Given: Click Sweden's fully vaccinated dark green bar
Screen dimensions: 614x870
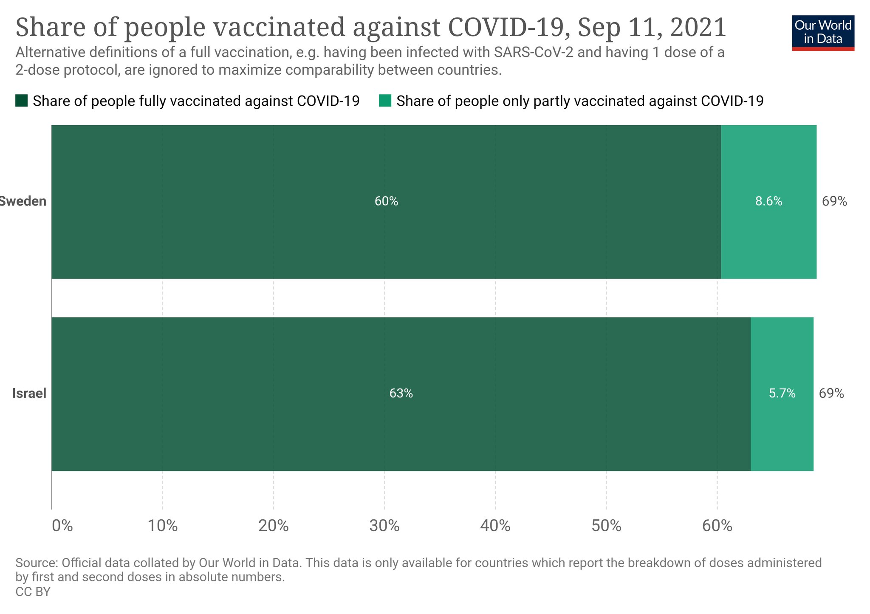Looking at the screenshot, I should point(255,238).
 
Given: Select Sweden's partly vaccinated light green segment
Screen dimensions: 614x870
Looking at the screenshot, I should point(768,238).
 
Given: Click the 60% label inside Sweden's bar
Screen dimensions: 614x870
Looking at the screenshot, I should point(386,201).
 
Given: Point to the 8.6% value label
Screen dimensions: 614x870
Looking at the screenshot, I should point(768,201).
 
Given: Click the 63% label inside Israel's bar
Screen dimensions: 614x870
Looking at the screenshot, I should point(401,394).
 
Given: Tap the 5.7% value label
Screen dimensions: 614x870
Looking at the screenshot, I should point(782,394).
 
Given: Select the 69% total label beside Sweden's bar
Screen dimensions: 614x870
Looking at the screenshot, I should point(834,201).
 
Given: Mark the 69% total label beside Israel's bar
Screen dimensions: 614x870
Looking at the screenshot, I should point(831,394).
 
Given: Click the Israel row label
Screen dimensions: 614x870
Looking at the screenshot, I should point(29,394).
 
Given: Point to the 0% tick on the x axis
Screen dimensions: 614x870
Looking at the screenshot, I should point(62,526).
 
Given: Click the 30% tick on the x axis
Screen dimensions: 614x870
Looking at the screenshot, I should point(384,526).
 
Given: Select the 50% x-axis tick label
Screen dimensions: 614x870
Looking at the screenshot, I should point(606,526).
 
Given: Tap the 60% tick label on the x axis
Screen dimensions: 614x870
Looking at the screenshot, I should point(717,526).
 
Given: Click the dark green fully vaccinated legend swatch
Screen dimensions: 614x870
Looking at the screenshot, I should point(21,101).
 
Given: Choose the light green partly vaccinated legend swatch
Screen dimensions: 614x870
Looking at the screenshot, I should point(385,101).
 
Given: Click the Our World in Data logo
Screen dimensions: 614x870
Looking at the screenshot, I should point(823,33).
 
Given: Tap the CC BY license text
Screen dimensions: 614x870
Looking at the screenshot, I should point(33,591).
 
